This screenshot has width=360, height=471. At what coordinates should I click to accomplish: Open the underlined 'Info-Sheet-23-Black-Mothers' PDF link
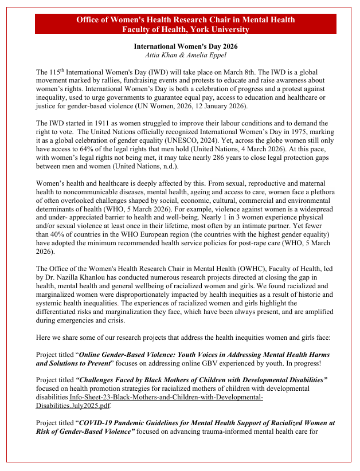[x=166, y=398]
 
